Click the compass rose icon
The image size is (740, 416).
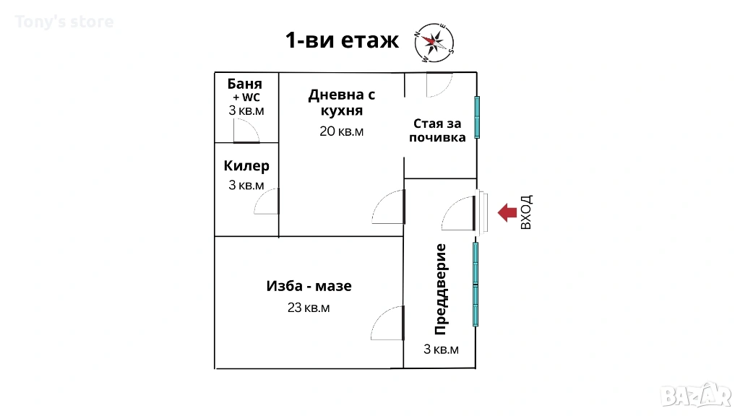pos(434,43)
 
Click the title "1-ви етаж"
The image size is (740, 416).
pos(342,40)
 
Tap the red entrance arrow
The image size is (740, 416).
pos(507,213)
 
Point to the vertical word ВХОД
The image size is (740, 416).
pos(526,212)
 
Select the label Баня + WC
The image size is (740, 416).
pos(245,90)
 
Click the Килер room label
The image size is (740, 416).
pos(246,165)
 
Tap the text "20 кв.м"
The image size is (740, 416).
pos(341,131)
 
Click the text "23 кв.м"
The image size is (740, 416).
pos(309,308)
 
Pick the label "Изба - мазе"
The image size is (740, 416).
pos(309,286)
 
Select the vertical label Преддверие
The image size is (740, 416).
pos(440,289)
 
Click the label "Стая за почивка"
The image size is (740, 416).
pos(437,130)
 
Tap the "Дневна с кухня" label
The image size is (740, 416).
pos(342,103)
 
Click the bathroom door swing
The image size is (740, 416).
pos(246,131)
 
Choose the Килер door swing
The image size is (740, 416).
pos(267,201)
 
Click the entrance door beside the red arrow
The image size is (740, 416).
pos(458,213)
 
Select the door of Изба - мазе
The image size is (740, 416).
pos(387,323)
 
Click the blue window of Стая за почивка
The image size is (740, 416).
pos(477,117)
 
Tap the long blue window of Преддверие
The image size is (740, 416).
pos(476,284)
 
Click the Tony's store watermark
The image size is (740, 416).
pos(64,22)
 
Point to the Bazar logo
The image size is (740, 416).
pos(696,395)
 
